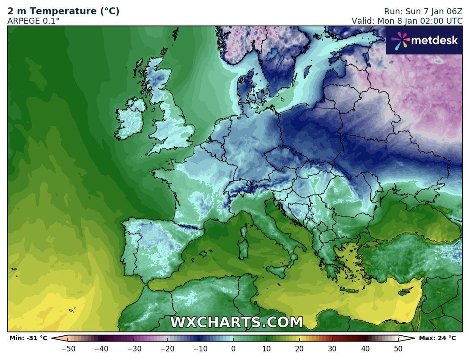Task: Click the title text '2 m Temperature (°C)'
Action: [64, 11]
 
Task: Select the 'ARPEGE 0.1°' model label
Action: [33, 21]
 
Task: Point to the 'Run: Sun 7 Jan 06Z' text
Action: [423, 11]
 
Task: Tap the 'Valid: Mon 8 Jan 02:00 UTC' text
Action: [407, 21]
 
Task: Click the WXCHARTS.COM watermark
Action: [236, 322]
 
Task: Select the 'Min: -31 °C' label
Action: [28, 338]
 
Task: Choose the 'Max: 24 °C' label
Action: [437, 338]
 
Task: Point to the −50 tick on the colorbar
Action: [68, 348]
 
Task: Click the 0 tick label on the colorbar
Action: [233, 348]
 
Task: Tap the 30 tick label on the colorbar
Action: [332, 348]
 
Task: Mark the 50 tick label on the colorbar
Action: [398, 348]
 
